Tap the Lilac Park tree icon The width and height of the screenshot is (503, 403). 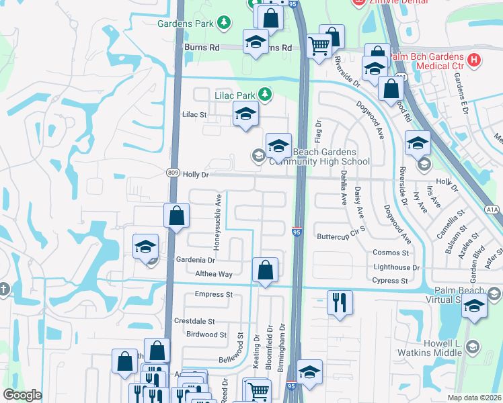tap(266, 95)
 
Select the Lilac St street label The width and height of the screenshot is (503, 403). tap(195, 115)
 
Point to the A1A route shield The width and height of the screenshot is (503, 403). tap(493, 210)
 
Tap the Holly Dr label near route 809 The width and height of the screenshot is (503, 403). tap(196, 175)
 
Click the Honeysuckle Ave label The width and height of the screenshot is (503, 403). tap(217, 222)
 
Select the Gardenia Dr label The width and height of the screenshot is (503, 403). tap(196, 259)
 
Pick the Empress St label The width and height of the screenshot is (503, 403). tap(213, 294)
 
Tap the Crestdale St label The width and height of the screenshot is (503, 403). tap(194, 322)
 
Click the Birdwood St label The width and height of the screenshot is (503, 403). tap(206, 334)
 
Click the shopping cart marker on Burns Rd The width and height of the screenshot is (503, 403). tap(319, 46)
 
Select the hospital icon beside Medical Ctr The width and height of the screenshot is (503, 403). tap(475, 60)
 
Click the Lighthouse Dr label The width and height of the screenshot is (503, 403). tap(396, 267)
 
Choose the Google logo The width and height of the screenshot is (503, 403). tap(22, 395)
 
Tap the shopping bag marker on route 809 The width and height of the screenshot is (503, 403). tap(176, 216)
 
